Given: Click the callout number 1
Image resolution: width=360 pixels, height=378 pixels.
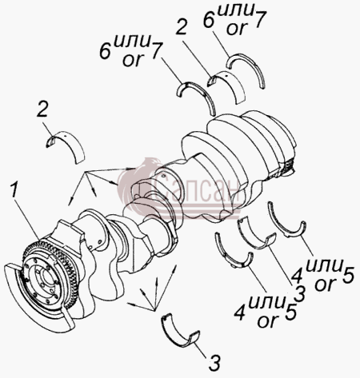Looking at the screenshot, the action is click(14, 190).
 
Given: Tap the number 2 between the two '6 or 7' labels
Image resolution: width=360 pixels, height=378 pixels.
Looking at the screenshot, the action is click(182, 26).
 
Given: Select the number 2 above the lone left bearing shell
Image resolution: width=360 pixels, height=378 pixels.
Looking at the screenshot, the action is click(42, 109).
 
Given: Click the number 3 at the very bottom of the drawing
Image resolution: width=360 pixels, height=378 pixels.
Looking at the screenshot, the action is click(215, 362).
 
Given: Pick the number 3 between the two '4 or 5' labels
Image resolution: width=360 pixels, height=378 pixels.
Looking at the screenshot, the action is click(298, 293).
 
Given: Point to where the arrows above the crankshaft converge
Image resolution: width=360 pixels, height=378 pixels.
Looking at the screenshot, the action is click(86, 172).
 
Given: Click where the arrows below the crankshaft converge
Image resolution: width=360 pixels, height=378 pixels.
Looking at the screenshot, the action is click(153, 310).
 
